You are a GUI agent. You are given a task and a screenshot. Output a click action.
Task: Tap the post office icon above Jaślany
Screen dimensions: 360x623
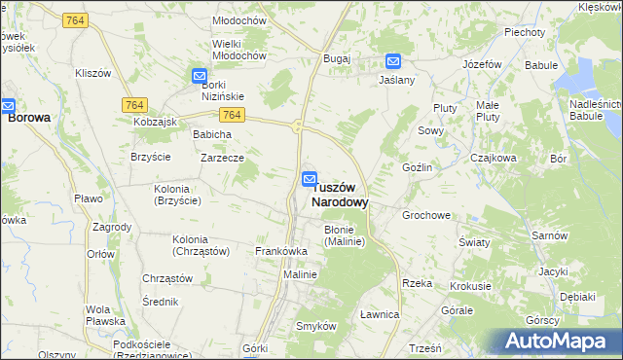pyautogui.click(x=392, y=60)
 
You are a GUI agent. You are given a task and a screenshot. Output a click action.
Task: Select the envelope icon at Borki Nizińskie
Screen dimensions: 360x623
pyautogui.click(x=199, y=76)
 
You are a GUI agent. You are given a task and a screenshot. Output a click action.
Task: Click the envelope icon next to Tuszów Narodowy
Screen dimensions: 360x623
pyautogui.click(x=309, y=179)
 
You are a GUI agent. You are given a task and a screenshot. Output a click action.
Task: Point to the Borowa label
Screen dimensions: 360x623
pyautogui.click(x=29, y=117)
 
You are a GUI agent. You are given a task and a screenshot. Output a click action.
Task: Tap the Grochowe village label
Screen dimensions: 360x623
pyautogui.click(x=425, y=215)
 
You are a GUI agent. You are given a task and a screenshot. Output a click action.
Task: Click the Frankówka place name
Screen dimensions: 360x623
pyautogui.click(x=281, y=251)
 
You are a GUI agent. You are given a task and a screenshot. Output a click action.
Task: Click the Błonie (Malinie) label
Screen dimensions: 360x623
pyautogui.click(x=344, y=235)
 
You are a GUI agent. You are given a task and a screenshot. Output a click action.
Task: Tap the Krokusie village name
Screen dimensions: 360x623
pyautogui.click(x=470, y=287)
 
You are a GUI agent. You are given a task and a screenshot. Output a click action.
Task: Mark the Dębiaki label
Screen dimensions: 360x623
pyautogui.click(x=577, y=297)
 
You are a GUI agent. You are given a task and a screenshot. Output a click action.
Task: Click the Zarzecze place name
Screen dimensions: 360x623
pyautogui.click(x=222, y=157)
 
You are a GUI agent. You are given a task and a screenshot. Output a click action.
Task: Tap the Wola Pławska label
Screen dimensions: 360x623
pyautogui.click(x=104, y=314)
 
